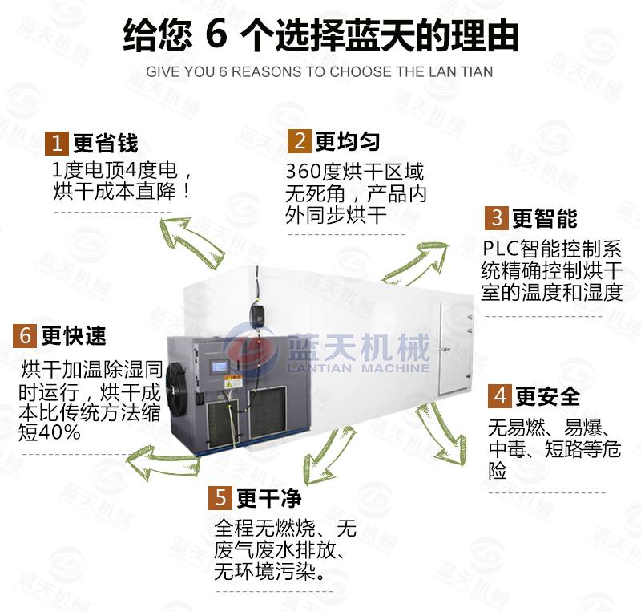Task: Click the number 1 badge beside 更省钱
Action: tap(57, 144)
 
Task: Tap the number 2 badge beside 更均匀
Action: tap(300, 141)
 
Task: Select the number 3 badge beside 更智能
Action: tap(497, 218)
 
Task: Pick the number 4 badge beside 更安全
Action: tap(499, 396)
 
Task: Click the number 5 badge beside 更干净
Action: tap(220, 498)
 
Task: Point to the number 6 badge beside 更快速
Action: tap(25, 336)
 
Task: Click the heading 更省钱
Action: tap(106, 144)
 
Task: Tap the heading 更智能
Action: tap(545, 218)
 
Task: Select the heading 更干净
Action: tap(269, 498)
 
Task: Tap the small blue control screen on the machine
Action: tap(219, 366)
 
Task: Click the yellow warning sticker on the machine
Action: tap(233, 381)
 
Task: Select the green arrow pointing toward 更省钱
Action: tap(191, 243)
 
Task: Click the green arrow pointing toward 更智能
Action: tap(416, 264)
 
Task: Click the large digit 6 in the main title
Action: tap(216, 34)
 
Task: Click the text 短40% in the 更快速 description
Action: tap(50, 432)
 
